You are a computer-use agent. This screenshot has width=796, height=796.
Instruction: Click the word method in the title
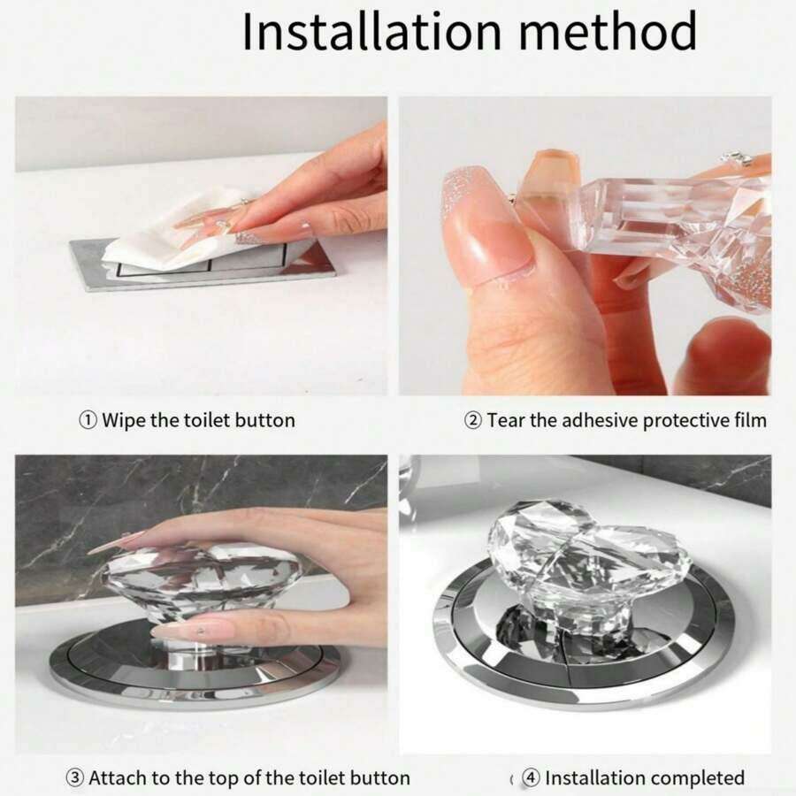pyautogui.click(x=608, y=32)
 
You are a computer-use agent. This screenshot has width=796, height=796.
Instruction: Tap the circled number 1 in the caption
pyautogui.click(x=88, y=420)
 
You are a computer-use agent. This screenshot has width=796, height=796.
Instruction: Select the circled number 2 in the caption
pyautogui.click(x=473, y=420)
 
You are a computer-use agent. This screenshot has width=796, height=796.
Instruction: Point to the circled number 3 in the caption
pyautogui.click(x=74, y=777)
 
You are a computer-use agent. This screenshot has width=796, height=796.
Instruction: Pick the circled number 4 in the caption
pyautogui.click(x=531, y=777)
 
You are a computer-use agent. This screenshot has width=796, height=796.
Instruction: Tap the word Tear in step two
pyautogui.click(x=506, y=420)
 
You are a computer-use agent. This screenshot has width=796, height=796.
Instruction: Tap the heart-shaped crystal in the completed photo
pyautogui.click(x=589, y=554)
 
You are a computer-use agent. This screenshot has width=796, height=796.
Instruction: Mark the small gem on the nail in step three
pyautogui.click(x=202, y=631)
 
